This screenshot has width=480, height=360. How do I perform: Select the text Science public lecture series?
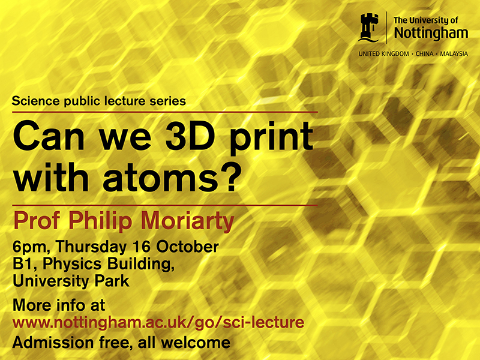[98, 101]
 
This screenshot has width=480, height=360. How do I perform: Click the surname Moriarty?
[191, 221]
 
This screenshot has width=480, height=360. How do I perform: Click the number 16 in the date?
[146, 247]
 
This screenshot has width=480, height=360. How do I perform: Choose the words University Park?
[71, 280]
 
